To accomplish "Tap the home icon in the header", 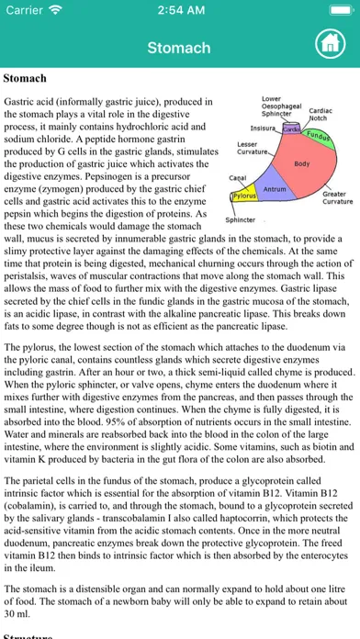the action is (328, 42).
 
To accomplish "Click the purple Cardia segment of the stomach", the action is (290, 129).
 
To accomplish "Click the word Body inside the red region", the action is (301, 163).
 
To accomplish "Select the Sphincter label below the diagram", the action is (240, 220).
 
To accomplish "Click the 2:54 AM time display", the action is (180, 12).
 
